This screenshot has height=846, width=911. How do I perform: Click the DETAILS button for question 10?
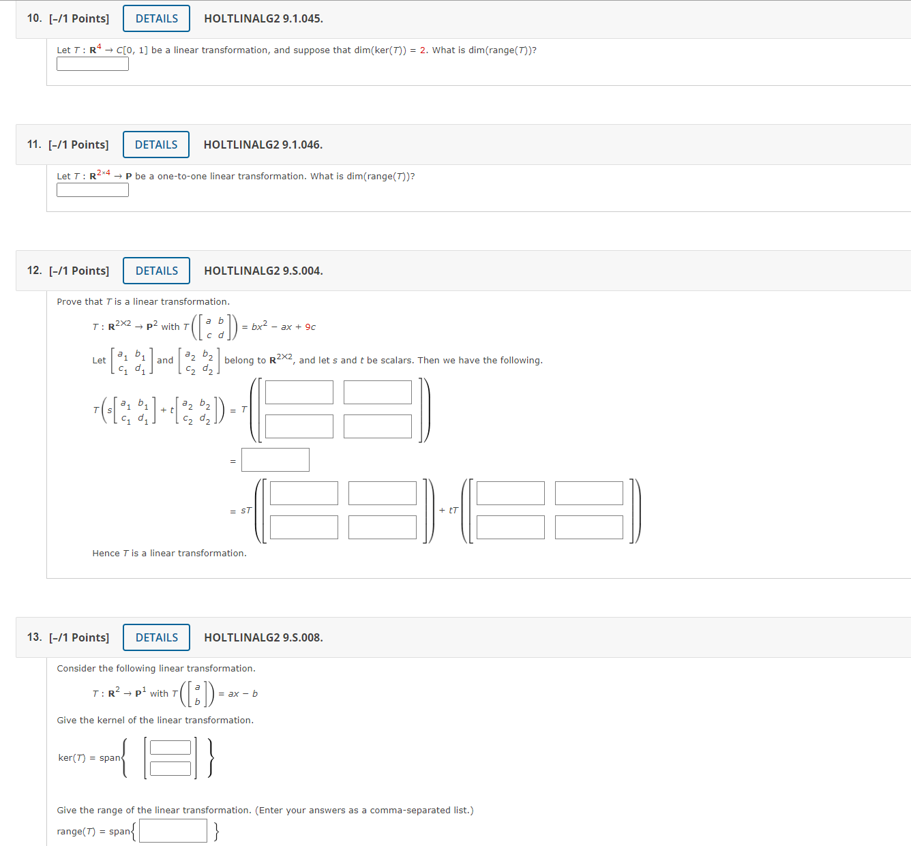(x=156, y=18)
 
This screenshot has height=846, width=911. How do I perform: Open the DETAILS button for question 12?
(x=156, y=271)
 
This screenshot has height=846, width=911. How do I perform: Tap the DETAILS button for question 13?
(x=156, y=637)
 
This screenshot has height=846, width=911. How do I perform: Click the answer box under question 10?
(x=93, y=64)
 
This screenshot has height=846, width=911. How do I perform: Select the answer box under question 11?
(x=93, y=190)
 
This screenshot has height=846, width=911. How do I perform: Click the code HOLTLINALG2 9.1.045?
(x=263, y=18)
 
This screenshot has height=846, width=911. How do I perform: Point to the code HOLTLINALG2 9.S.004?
(x=263, y=271)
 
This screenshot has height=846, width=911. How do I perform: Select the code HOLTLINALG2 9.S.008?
(x=263, y=637)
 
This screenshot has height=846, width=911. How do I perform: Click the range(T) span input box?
(x=173, y=830)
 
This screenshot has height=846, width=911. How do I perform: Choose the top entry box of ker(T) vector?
(x=170, y=748)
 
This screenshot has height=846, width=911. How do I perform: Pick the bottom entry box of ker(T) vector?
(x=170, y=768)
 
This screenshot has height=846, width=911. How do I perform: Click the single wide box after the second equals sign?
(x=275, y=459)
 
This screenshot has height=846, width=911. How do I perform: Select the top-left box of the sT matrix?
(x=304, y=493)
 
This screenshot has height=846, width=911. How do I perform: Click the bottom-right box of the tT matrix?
(x=589, y=527)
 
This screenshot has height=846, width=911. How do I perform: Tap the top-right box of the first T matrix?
(x=378, y=392)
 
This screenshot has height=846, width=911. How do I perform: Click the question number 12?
(x=34, y=271)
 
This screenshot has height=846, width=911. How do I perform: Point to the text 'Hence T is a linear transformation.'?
(x=170, y=553)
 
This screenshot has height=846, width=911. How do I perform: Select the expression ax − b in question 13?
(x=243, y=693)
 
